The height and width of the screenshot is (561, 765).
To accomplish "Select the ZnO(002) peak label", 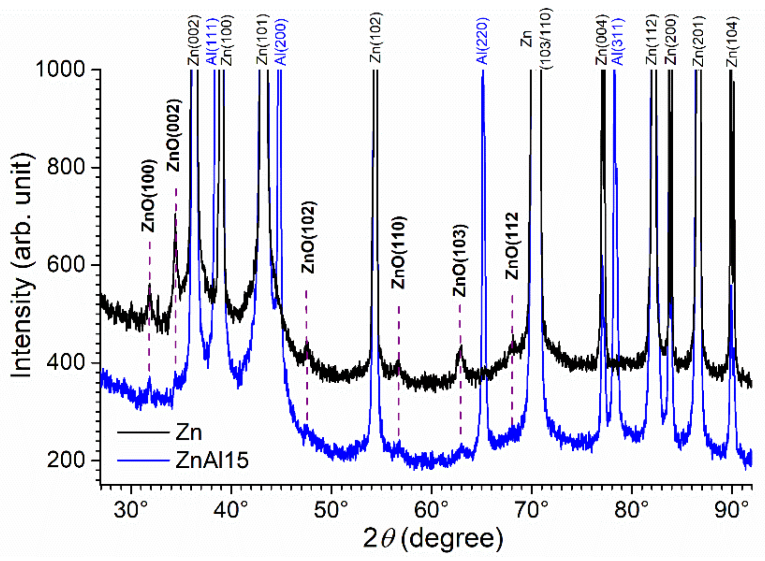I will (174, 136).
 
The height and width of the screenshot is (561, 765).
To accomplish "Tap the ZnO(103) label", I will (460, 261).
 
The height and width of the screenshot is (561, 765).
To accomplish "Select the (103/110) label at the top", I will (546, 39).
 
